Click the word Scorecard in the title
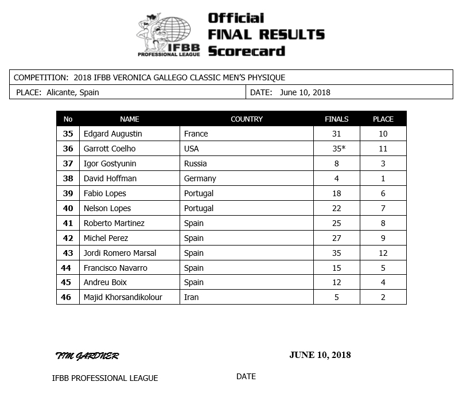tap(246, 51)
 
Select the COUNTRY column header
tap(246, 119)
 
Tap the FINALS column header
tap(336, 119)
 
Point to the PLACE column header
tap(383, 119)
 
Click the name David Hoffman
tap(110, 178)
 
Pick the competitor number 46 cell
tap(68, 297)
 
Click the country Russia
tap(196, 163)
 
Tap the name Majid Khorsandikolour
tap(123, 297)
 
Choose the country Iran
tap(192, 297)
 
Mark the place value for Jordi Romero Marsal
tap(383, 253)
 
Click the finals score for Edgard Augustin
tap(336, 134)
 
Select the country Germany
tap(200, 178)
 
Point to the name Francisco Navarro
tap(115, 268)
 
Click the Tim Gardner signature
tap(87, 356)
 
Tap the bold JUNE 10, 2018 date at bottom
tap(320, 355)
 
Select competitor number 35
tap(68, 134)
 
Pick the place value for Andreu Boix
tap(383, 282)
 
